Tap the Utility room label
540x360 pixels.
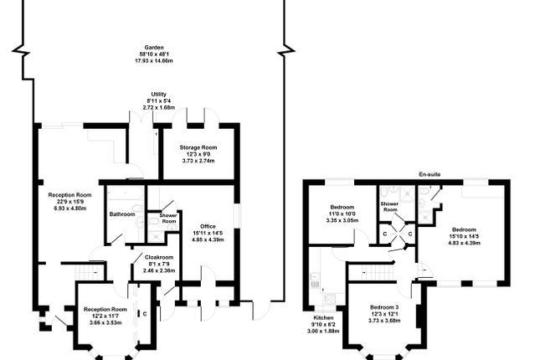pos(158,94)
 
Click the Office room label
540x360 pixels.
pos(208,226)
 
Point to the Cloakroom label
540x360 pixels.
pos(158,257)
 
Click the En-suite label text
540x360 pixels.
pos(430,174)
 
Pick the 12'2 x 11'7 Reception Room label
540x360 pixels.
pos(105,310)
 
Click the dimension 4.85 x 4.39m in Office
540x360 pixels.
pos(208,239)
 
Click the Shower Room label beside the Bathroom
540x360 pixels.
pos(168,218)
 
